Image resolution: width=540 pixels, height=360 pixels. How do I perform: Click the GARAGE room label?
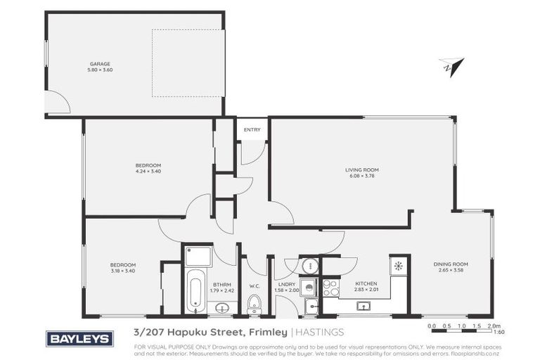click(x=99, y=64)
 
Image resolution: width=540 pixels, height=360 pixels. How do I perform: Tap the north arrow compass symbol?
click(x=451, y=66)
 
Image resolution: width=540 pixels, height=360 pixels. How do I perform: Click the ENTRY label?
click(x=252, y=129)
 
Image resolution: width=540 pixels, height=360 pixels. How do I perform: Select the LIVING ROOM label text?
click(x=362, y=169)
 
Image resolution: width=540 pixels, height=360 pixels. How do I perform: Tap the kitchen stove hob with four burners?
click(x=330, y=288)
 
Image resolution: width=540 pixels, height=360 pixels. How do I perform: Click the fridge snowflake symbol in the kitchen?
click(x=399, y=266)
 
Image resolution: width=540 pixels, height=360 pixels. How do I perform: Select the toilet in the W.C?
click(x=255, y=303)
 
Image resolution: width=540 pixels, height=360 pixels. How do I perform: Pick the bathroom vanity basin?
click(x=223, y=307)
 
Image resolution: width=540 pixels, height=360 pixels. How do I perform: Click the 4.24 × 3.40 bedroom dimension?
click(x=148, y=171)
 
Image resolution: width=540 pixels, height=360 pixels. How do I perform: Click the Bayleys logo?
click(x=79, y=339)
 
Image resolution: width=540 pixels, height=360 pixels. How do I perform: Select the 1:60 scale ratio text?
click(x=499, y=333)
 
